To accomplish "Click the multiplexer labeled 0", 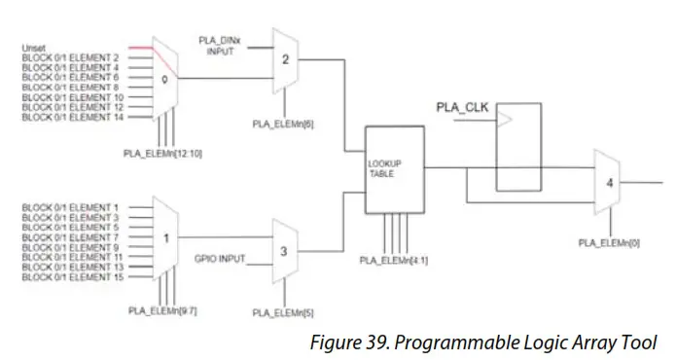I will [166, 81].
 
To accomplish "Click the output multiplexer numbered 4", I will [607, 182].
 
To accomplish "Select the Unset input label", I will [33, 47].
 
